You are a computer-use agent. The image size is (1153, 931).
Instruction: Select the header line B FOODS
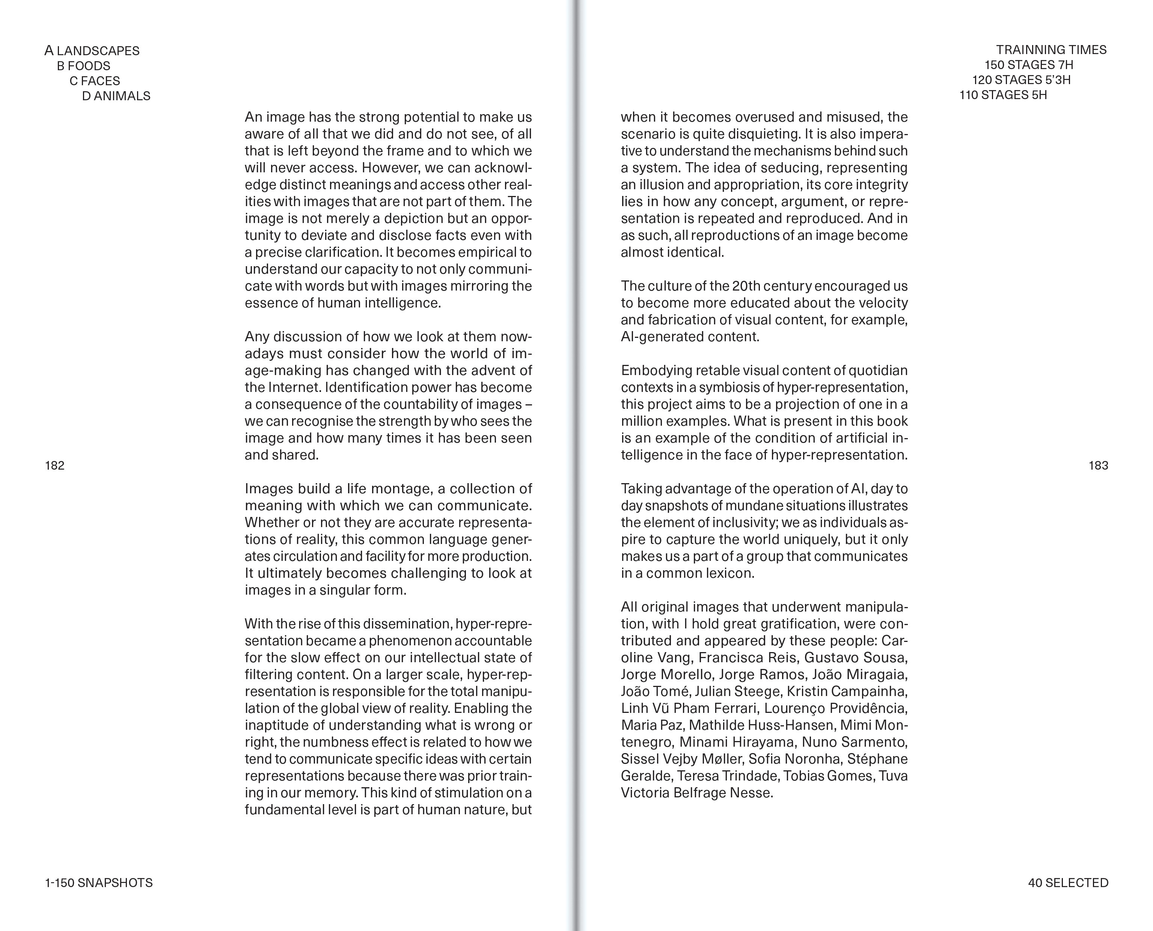click(x=84, y=66)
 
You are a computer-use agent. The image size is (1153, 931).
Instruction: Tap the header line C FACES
click(x=95, y=81)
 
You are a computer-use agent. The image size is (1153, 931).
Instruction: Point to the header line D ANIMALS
click(x=116, y=96)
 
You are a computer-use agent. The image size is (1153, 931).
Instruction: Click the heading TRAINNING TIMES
click(x=1051, y=50)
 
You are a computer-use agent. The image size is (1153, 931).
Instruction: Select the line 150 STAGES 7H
click(x=1029, y=65)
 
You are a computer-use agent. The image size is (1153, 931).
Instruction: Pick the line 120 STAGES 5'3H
click(x=1021, y=80)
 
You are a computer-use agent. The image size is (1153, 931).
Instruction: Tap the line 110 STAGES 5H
click(x=1003, y=95)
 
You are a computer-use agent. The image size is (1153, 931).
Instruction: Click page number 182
click(x=55, y=465)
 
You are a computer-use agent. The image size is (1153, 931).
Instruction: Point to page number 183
click(x=1098, y=465)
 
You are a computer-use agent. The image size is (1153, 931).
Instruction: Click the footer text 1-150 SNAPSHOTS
click(x=99, y=883)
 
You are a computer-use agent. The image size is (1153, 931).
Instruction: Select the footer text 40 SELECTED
click(x=1068, y=883)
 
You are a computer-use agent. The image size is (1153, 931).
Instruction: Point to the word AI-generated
click(x=663, y=337)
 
